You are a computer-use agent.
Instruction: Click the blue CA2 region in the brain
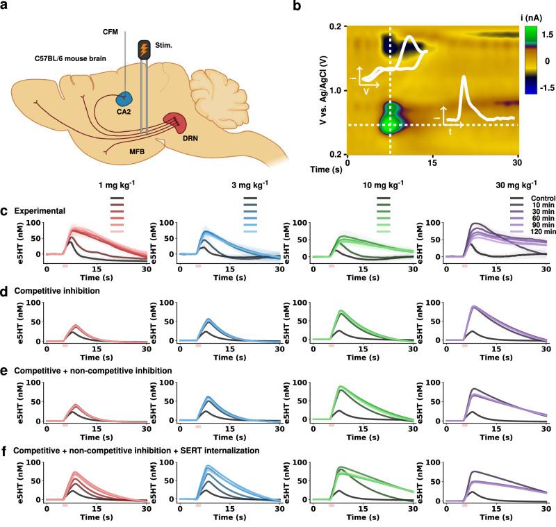pos(126,99)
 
